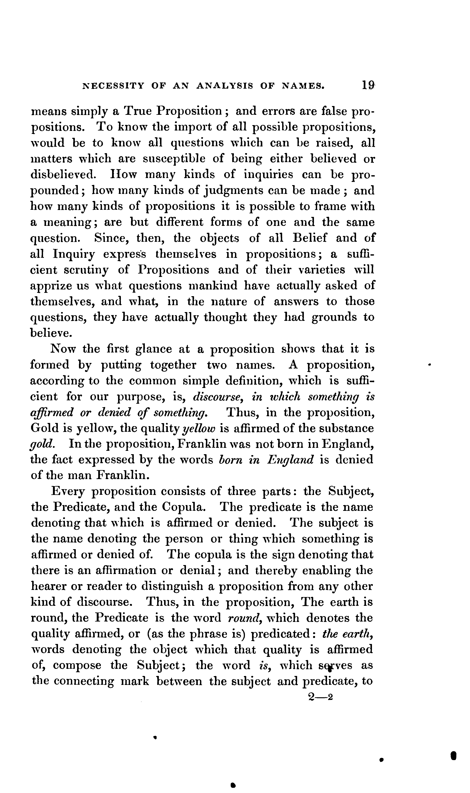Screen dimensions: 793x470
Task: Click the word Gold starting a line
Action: (44, 428)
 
